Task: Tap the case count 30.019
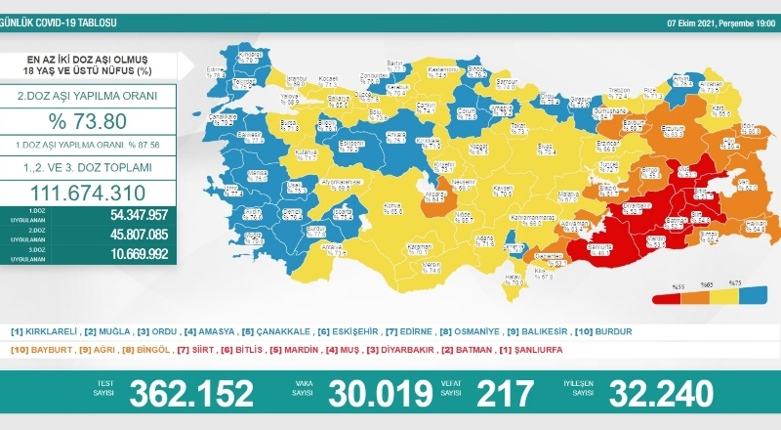tap(380, 393)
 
